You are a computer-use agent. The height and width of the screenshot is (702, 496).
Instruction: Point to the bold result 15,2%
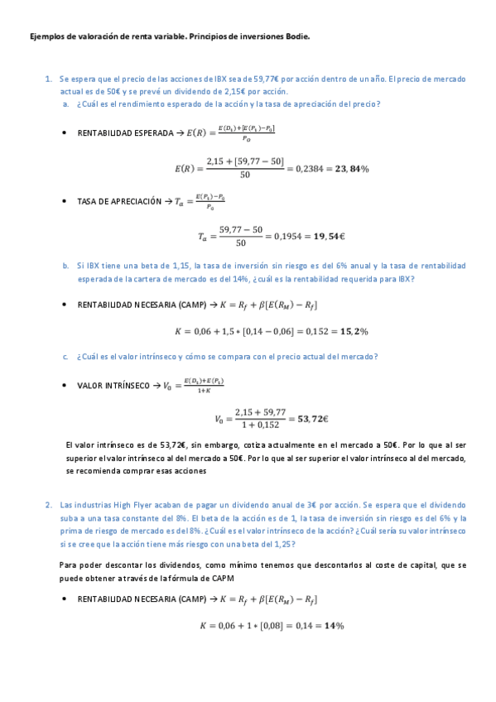[x=351, y=331]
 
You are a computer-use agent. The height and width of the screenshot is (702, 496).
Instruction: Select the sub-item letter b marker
[x=65, y=266]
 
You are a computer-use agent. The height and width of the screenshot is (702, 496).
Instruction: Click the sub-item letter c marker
[x=65, y=357]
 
